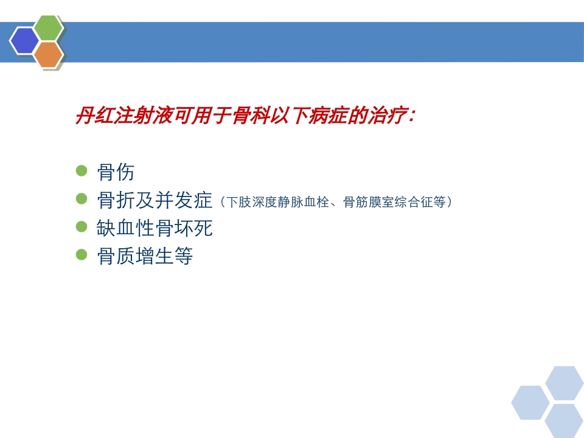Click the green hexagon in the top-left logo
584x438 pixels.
tap(49, 29)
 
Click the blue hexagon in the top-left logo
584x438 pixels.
tap(25, 41)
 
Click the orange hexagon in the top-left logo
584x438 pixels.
tap(49, 55)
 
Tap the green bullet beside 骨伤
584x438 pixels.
tap(82, 171)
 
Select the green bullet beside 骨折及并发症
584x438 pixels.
tap(82, 199)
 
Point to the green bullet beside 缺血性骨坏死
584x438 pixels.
tap(82, 227)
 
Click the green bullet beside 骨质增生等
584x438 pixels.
tap(82, 255)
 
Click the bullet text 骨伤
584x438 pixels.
tap(116, 172)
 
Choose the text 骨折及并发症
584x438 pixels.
tap(155, 200)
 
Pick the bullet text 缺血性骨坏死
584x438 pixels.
tap(155, 228)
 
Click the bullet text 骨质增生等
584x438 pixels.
tap(145, 256)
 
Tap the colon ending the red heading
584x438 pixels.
tap(412, 116)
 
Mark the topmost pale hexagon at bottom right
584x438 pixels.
tap(564, 383)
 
